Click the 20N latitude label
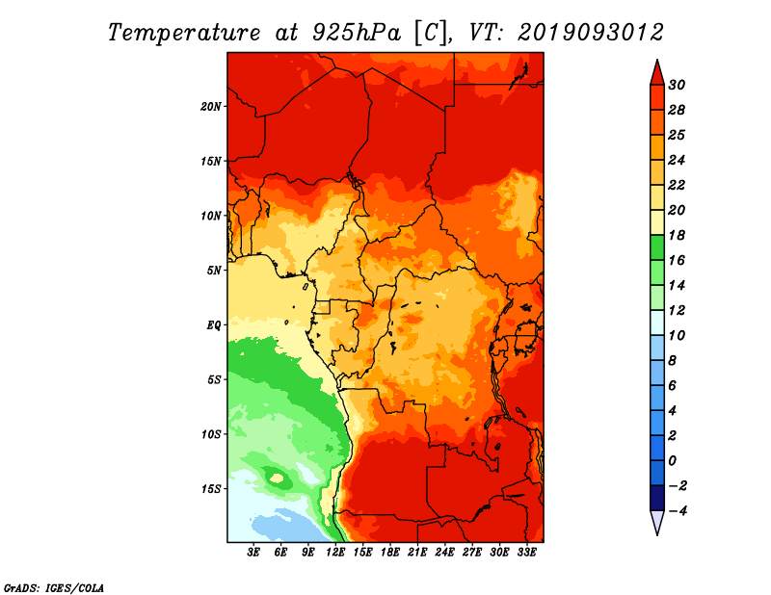pos(210,107)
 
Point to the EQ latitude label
pos(213,325)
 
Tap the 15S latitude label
pos(210,489)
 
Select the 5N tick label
pos(213,271)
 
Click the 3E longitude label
pos(253,553)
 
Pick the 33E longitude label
pos(526,553)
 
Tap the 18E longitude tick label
pos(390,553)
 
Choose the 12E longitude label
pos(335,553)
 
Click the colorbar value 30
pos(677,85)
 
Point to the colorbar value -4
pos(678,511)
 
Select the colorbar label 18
pos(677,235)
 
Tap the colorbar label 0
pos(672,461)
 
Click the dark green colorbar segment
pos(657,247)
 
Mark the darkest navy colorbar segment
pos(657,498)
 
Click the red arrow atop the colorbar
pos(657,73)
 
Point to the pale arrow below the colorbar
pos(657,523)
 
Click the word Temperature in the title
pos(183,33)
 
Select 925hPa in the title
pos(356,33)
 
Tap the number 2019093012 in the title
pos(591,33)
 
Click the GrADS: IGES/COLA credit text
pos(54,587)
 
